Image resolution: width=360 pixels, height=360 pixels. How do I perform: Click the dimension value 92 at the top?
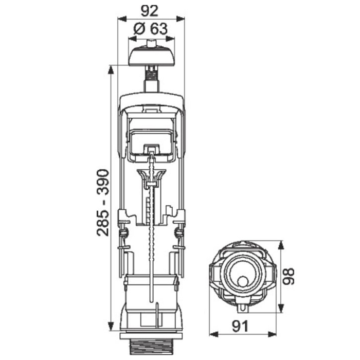click(150, 11)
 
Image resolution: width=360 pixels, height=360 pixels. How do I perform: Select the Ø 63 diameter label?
click(151, 29)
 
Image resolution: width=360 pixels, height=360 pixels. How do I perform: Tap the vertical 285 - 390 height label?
click(102, 202)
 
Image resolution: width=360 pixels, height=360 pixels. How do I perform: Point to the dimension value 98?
click(288, 276)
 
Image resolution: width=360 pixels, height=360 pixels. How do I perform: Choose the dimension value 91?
click(240, 326)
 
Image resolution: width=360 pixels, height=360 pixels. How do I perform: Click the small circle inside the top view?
click(242, 282)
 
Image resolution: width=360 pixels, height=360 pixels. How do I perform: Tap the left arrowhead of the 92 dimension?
click(122, 19)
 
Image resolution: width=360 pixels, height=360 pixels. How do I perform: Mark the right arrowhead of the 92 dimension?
click(181, 19)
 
